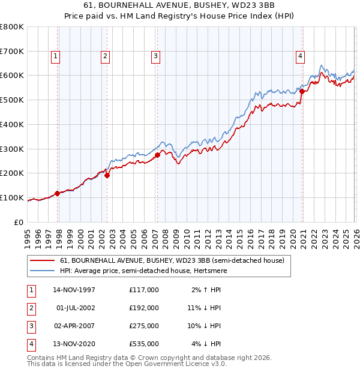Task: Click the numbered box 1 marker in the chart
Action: coord(55,56)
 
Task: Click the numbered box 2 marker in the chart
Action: coord(105,56)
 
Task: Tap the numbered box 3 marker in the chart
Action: coord(155,56)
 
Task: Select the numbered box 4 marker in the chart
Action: coord(300,56)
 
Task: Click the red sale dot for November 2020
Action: coord(302,92)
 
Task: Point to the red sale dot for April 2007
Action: coord(157,155)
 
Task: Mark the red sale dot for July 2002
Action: coord(107,175)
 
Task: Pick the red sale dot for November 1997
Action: coord(58,193)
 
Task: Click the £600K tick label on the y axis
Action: coord(11,76)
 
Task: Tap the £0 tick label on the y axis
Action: coord(19,222)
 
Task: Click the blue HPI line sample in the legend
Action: coord(43,271)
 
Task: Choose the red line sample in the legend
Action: coord(43,260)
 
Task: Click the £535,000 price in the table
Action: coord(144,344)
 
